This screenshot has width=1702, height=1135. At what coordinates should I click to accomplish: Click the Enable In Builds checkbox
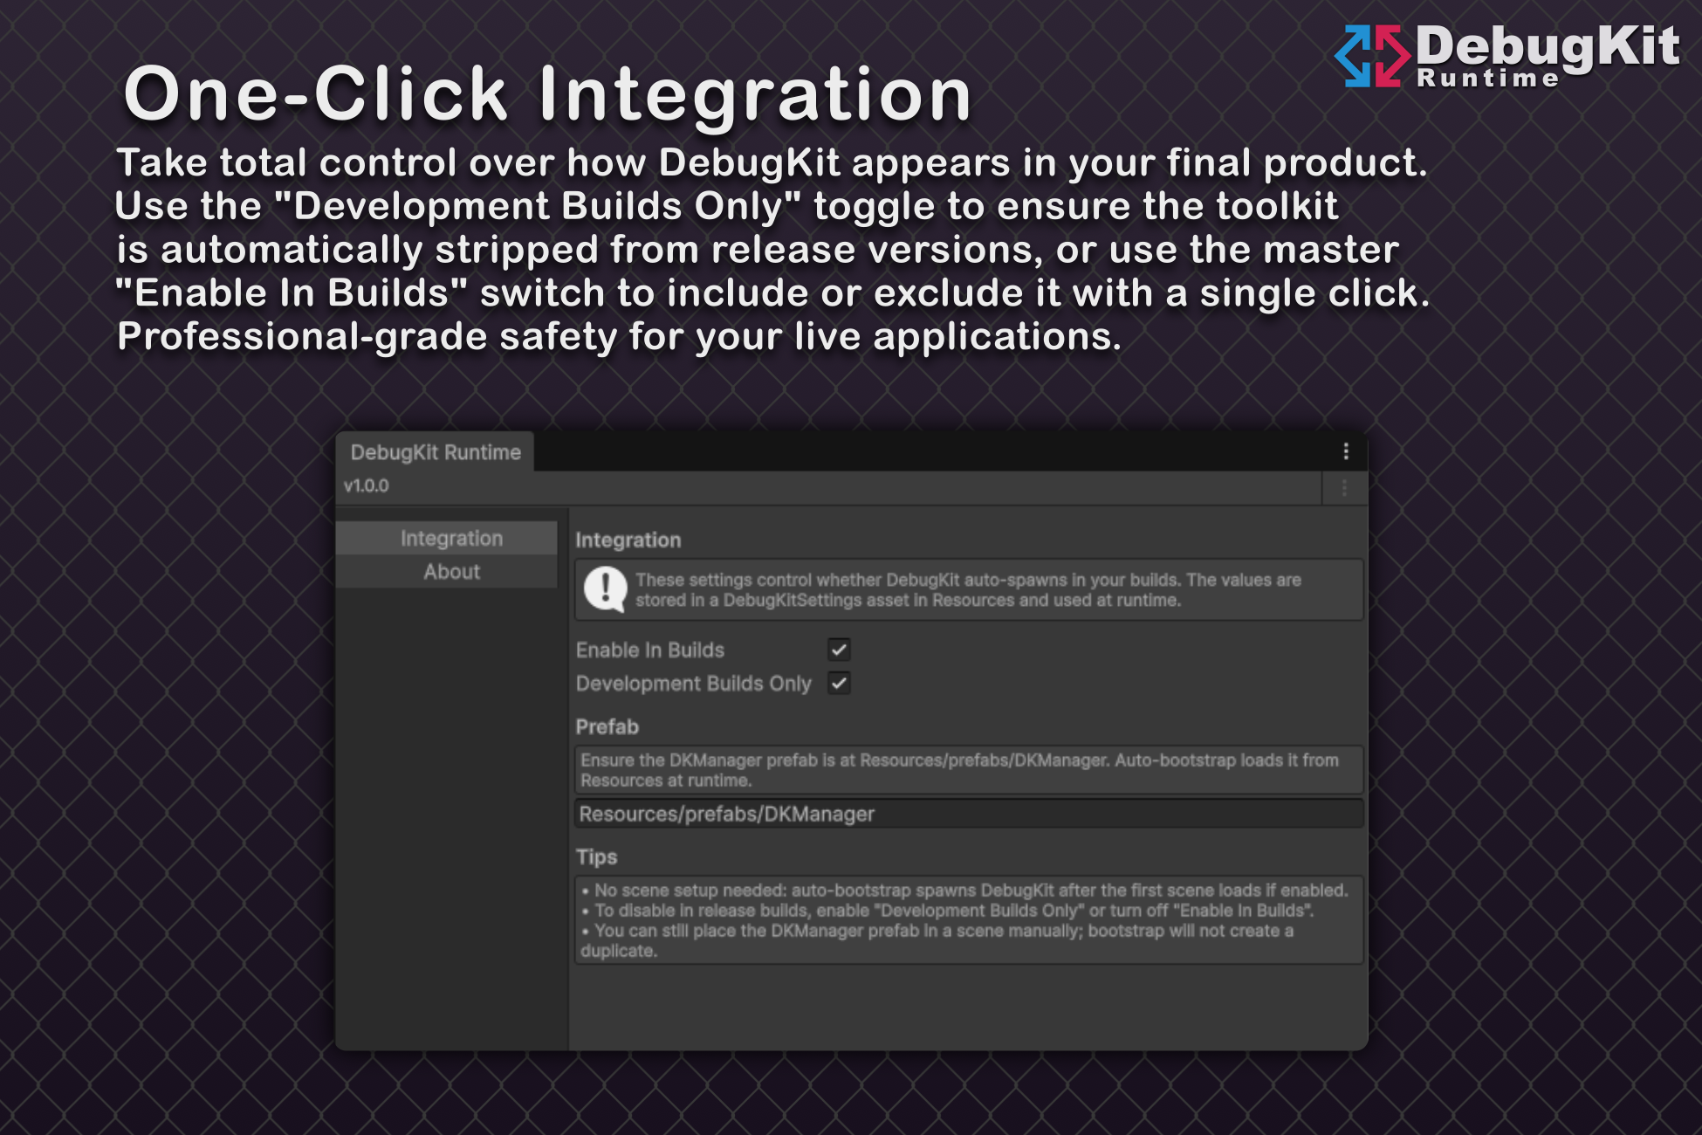(x=839, y=650)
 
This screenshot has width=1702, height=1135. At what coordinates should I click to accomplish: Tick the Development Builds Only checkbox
(x=839, y=684)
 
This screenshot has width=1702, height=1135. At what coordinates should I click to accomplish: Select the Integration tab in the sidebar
(x=451, y=539)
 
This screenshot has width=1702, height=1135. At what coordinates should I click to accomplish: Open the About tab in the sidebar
(x=451, y=572)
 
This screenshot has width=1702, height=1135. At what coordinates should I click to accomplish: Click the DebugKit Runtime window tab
(x=436, y=452)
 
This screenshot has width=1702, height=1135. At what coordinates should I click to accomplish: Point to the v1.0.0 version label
(x=367, y=486)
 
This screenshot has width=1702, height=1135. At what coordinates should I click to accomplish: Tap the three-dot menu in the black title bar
(x=1346, y=451)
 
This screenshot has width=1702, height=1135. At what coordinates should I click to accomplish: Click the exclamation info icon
(x=605, y=589)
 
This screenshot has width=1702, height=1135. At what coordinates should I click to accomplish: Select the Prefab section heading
(x=607, y=726)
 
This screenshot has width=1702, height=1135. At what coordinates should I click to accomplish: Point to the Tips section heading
(x=597, y=856)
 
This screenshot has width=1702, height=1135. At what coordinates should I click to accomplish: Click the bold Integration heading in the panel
(x=628, y=540)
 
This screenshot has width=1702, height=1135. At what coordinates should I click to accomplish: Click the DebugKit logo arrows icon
(x=1372, y=56)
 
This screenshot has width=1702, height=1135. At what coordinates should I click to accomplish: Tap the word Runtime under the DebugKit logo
(x=1487, y=79)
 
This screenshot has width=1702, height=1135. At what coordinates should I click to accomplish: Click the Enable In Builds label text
(x=650, y=650)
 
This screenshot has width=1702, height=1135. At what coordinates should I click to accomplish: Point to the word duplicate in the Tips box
(x=619, y=951)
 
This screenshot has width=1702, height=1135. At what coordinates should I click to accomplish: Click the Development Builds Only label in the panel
(x=694, y=684)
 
